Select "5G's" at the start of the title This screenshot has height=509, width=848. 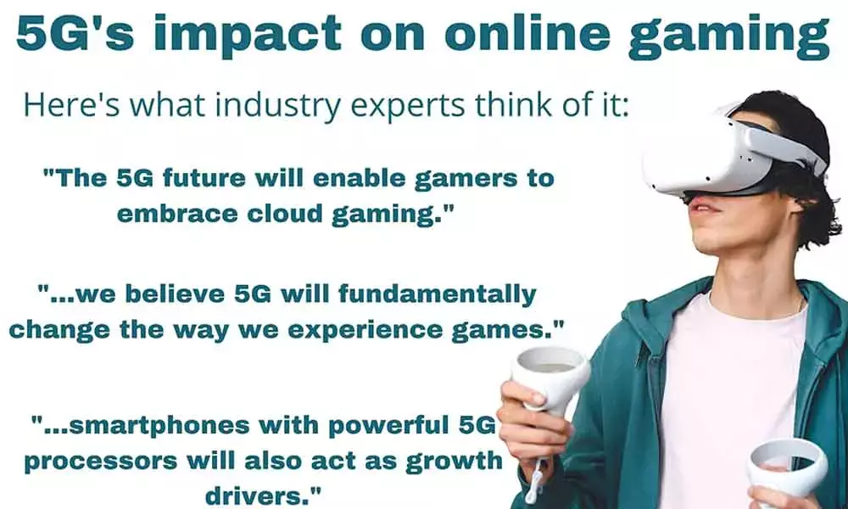tap(68, 34)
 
